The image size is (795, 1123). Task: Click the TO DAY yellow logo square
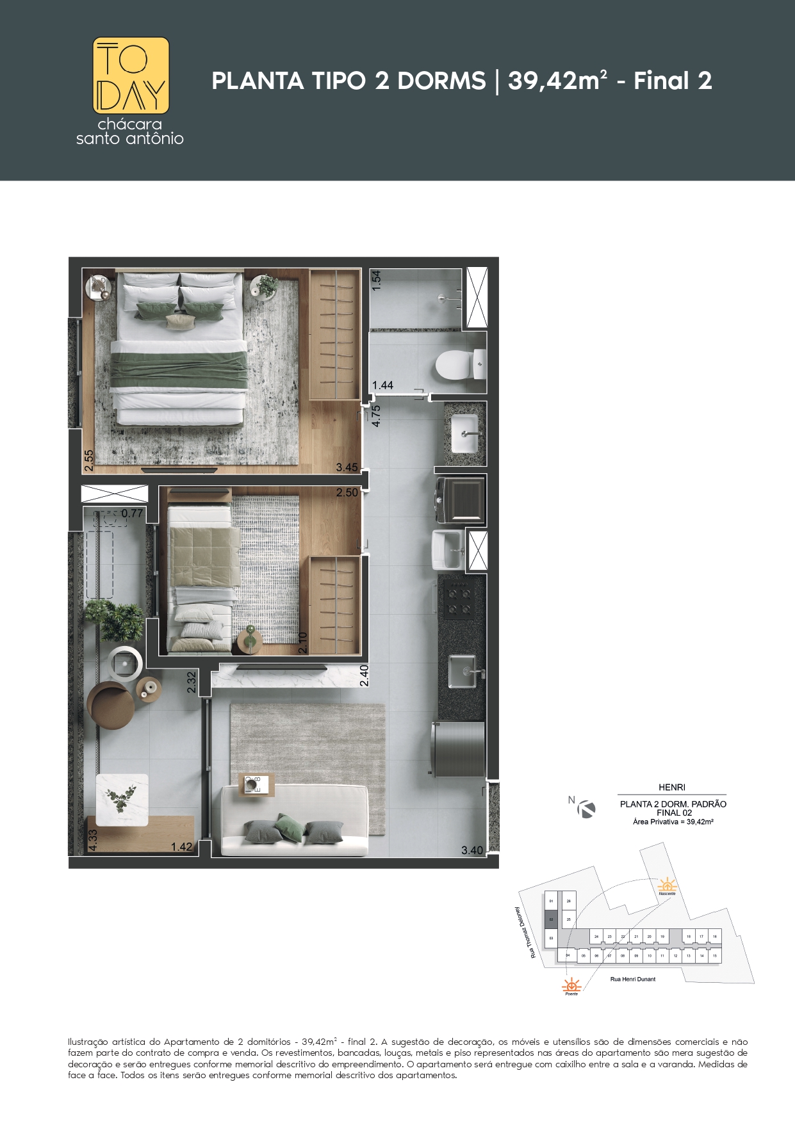(x=131, y=76)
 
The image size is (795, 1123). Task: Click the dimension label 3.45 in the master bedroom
(x=347, y=467)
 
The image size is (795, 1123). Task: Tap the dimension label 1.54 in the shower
(x=377, y=280)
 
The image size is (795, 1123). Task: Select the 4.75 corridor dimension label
(x=376, y=416)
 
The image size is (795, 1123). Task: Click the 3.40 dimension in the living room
(x=472, y=850)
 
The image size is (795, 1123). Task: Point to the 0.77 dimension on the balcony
(x=132, y=513)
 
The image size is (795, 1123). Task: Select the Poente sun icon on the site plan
(x=571, y=985)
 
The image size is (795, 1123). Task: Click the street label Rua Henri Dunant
(x=632, y=979)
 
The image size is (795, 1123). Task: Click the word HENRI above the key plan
(x=671, y=788)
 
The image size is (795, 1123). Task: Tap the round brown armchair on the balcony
(x=111, y=706)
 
